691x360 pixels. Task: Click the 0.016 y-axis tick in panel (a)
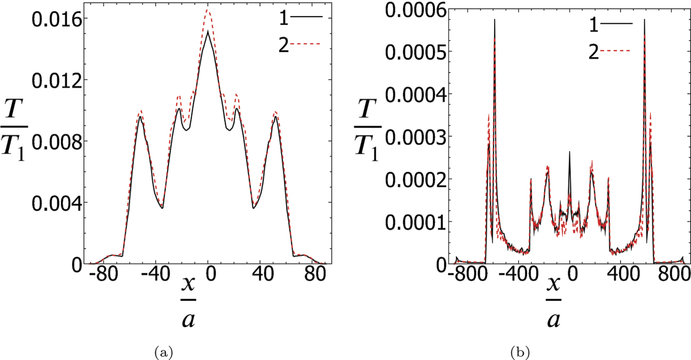[x=53, y=19]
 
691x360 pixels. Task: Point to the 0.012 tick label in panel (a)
[x=53, y=80]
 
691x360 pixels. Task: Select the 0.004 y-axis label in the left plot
[x=53, y=203]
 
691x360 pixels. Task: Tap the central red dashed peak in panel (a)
[x=209, y=10]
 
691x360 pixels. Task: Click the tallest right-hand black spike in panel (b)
[x=645, y=20]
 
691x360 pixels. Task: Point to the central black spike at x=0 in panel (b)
[x=569, y=152]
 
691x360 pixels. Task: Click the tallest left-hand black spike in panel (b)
[x=495, y=20]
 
